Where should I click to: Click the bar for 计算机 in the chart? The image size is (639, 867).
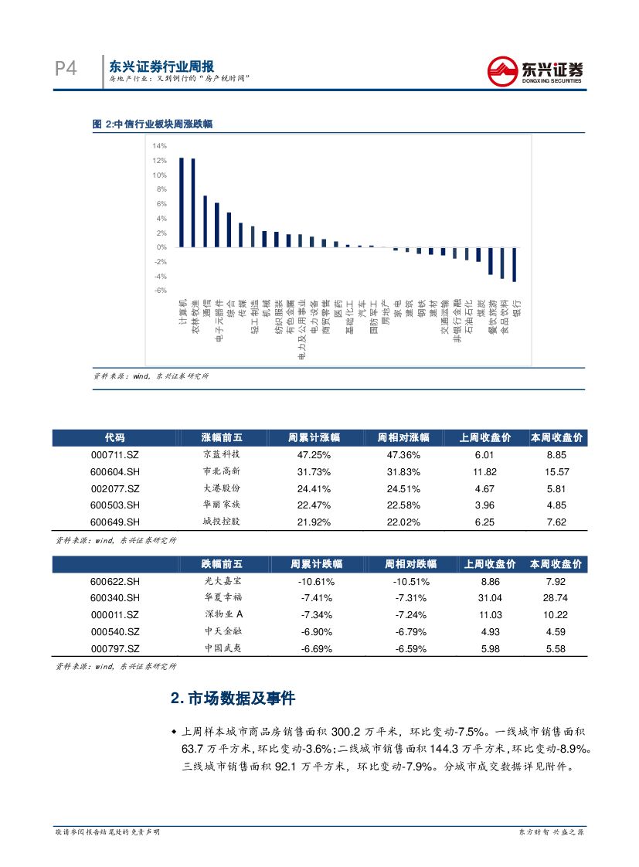tap(181, 202)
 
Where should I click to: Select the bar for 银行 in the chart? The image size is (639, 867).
tap(515, 264)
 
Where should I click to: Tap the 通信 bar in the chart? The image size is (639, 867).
tap(205, 221)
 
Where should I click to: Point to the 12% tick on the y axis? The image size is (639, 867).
tap(160, 161)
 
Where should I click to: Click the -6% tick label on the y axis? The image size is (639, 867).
tap(160, 291)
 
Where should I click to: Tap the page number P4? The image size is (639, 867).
tap(66, 69)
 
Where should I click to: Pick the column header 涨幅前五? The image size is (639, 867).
tap(221, 437)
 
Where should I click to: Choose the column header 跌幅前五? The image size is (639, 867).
tap(221, 564)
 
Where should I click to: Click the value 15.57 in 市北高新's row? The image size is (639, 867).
tap(556, 472)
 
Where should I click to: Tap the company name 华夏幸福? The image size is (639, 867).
tap(221, 598)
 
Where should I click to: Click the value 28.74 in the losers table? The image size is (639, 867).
tap(556, 598)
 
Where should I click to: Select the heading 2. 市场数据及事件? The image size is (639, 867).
tap(233, 699)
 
